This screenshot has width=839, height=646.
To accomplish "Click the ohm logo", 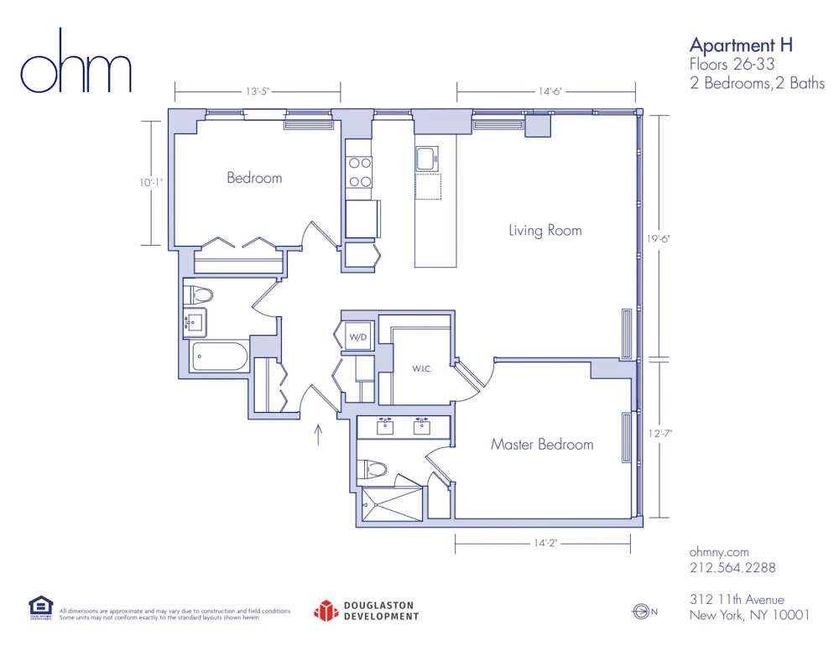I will coord(76,64).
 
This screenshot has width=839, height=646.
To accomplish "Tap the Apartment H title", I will coord(741,44).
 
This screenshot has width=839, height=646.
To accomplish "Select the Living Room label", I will coord(545,230).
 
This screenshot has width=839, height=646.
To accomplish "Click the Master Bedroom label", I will coord(542,445).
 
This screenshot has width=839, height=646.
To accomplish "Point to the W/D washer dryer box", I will coord(357,337).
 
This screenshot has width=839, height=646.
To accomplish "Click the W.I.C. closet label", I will coord(421,368).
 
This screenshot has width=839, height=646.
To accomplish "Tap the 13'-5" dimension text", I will coord(258,91).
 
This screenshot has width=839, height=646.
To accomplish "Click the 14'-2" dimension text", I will coord(545,544).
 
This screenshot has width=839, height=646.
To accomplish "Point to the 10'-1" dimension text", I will coord(152,182).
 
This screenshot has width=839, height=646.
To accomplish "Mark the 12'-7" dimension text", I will coord(661,434).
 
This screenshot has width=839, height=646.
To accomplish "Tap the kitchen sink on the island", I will coord(426,158).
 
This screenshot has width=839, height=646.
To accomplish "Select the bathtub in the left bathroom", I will coord(218,357).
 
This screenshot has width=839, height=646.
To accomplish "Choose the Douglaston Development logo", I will coord(366,611).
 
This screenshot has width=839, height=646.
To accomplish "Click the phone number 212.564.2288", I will coord(732,568).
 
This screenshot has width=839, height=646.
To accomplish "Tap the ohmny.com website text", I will coord(718,552).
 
